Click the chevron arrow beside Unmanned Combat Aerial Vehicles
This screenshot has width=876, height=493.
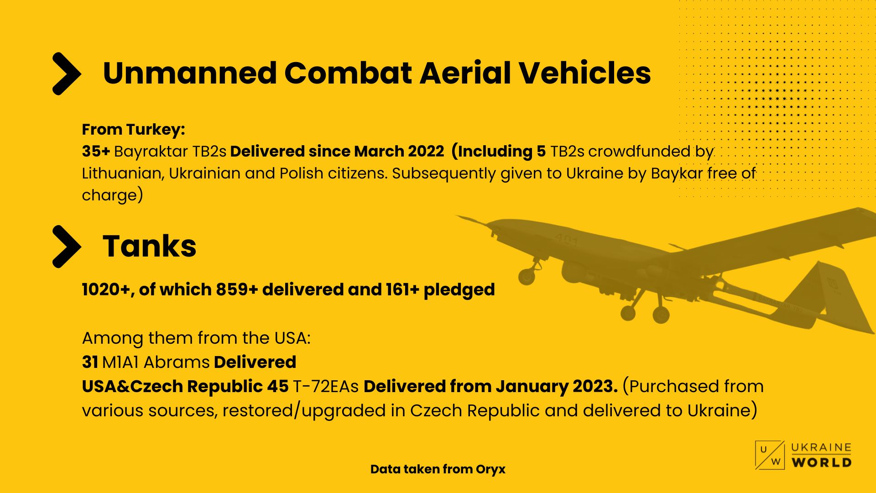click(x=67, y=73)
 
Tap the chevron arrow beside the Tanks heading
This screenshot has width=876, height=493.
click(x=67, y=246)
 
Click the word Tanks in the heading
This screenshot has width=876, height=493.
click(x=150, y=246)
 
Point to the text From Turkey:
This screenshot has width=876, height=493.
click(x=133, y=130)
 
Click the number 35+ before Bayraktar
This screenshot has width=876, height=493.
click(x=96, y=152)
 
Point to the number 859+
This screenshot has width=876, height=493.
click(x=237, y=289)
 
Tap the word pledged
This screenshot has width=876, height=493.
click(x=459, y=290)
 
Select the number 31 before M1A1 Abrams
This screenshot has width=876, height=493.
click(x=90, y=362)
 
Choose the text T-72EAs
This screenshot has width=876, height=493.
click(x=326, y=386)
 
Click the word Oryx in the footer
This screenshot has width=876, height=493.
click(x=490, y=469)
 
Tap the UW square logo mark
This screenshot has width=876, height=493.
click(x=770, y=455)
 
